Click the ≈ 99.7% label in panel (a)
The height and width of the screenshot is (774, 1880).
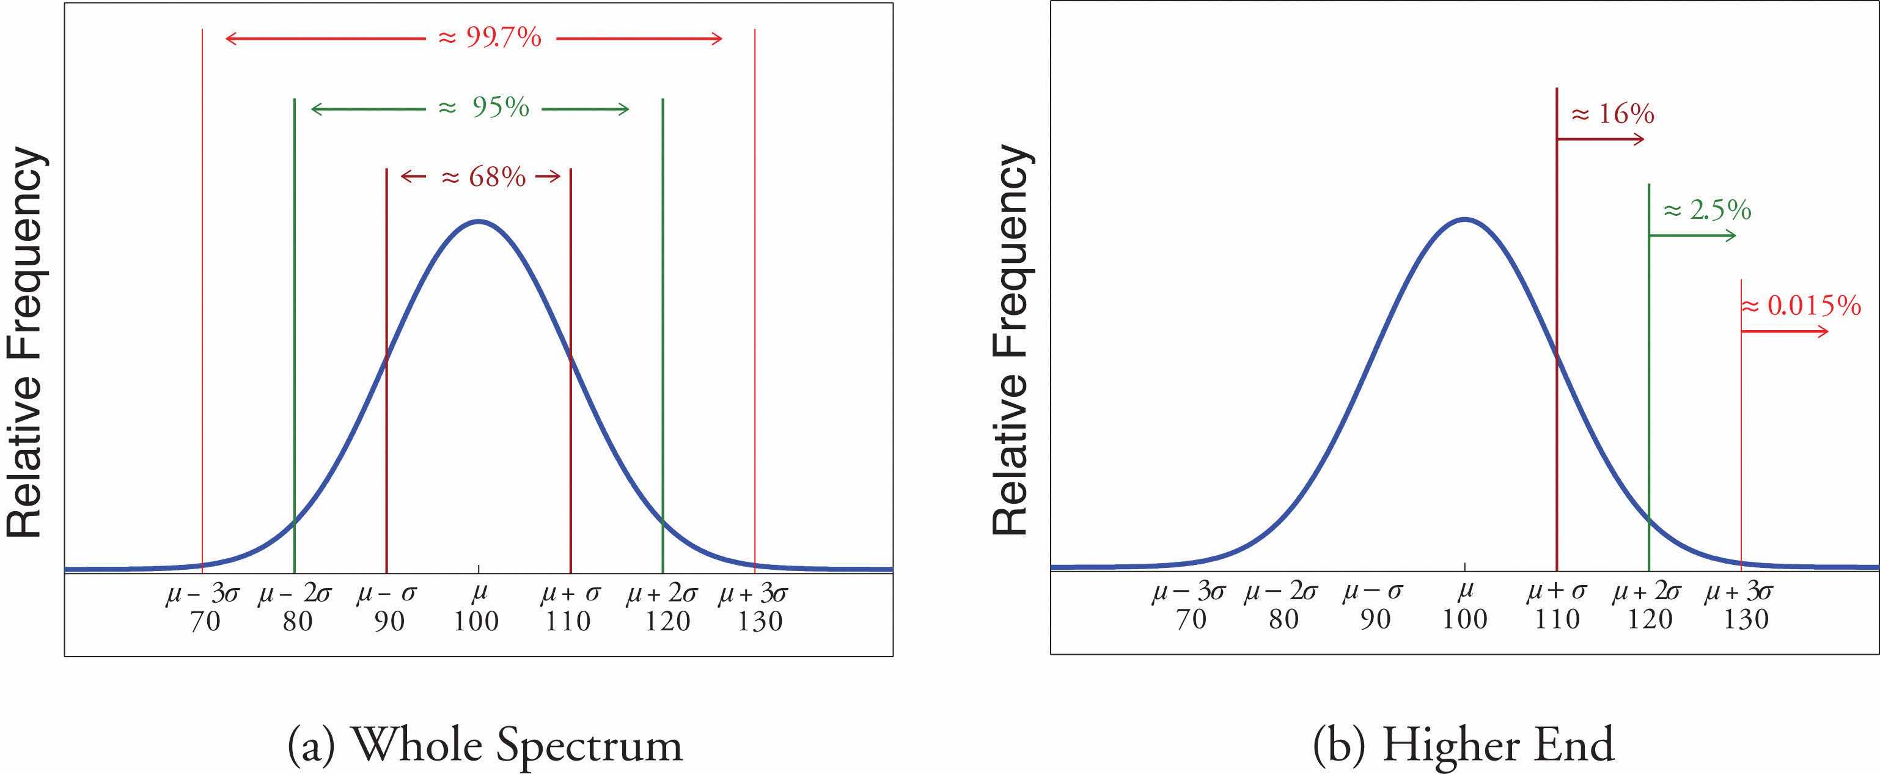point(490,38)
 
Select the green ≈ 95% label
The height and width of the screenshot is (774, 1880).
point(484,108)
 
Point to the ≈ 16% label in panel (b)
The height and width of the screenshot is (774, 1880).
point(1612,114)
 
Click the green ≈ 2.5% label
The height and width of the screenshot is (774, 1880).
point(1706,210)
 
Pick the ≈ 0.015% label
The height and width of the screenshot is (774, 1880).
point(1801,306)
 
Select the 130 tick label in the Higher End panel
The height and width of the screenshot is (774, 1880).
point(1746,619)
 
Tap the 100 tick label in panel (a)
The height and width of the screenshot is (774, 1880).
point(477,621)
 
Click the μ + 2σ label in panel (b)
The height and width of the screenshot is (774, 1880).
point(1648,591)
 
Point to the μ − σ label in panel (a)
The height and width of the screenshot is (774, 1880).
point(387,594)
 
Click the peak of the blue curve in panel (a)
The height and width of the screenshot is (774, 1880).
point(478,221)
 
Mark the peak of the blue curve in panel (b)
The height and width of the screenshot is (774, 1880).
point(1464,219)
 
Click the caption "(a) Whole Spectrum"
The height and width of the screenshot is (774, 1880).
point(485,745)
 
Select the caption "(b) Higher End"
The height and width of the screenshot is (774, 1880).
point(1463,745)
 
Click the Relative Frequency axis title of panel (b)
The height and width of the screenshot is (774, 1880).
point(1012,339)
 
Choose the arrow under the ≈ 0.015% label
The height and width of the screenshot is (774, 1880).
point(1785,331)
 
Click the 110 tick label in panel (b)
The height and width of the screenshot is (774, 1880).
point(1557,619)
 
